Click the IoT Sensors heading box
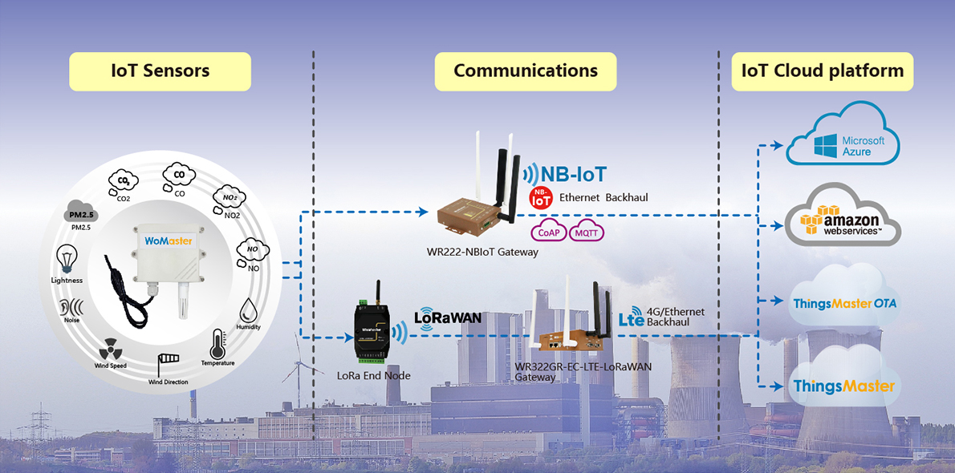(x=160, y=71)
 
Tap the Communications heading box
(x=526, y=71)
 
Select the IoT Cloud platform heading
(x=823, y=71)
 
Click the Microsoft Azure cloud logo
(x=843, y=137)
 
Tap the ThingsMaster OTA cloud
(x=843, y=303)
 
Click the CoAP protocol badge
(x=550, y=232)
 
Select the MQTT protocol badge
(x=587, y=232)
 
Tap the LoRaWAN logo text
(x=448, y=317)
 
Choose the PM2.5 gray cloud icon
(x=81, y=212)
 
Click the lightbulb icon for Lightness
(x=67, y=260)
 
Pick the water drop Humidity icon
(x=248, y=309)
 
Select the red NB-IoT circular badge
(x=541, y=198)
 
